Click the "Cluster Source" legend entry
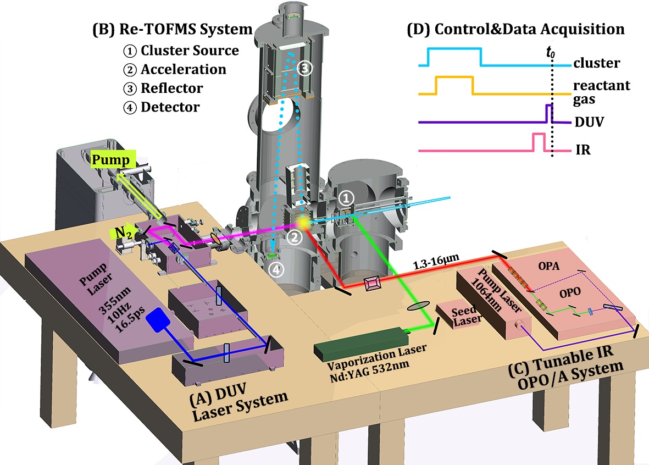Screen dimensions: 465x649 tap(190, 51)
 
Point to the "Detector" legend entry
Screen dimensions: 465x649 tap(170, 107)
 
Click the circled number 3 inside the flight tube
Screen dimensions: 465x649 tap(304, 68)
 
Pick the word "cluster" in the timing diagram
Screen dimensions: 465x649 tap(596, 63)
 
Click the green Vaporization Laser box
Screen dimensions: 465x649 tap(363, 341)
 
